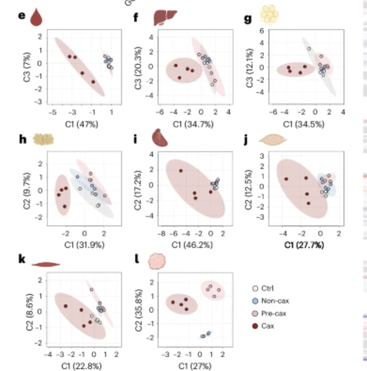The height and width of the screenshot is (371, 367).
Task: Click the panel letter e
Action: click(21, 15)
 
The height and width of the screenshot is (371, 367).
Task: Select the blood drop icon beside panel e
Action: click(37, 18)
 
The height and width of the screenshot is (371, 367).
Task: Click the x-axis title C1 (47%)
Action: click(80, 124)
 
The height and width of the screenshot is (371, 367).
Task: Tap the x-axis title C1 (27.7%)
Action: click(307, 244)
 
